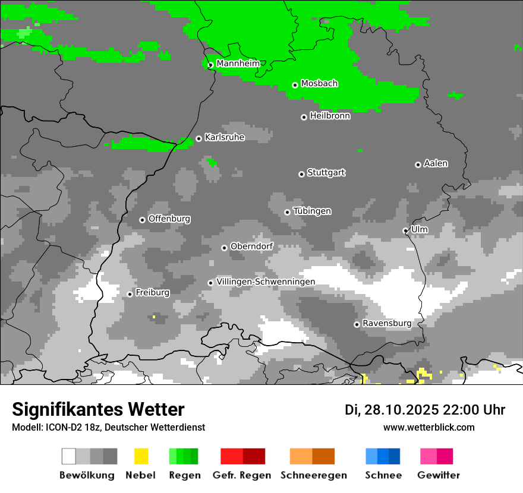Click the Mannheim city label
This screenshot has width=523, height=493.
click(238, 64)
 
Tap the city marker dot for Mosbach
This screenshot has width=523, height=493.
click(295, 85)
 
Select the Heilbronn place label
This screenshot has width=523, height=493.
click(330, 116)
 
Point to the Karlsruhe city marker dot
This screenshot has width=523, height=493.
click(199, 139)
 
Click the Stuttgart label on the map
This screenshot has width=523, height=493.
click(326, 173)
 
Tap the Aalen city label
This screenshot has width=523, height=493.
click(436, 163)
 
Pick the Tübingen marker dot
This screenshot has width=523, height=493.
click(287, 212)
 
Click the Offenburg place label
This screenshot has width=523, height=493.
click(169, 219)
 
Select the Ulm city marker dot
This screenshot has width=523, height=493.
click(405, 230)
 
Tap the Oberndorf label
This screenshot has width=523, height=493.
click(251, 246)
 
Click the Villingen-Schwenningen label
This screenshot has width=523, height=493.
click(266, 282)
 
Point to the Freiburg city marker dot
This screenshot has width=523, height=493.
click(130, 294)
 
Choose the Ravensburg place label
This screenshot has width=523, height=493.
click(387, 323)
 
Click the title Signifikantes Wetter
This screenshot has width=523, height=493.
click(98, 409)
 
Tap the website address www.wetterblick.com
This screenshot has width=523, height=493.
click(429, 427)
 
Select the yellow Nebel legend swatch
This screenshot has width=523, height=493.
click(141, 456)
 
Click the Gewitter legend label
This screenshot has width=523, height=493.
click(438, 475)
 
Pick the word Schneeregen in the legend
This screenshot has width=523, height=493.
click(313, 475)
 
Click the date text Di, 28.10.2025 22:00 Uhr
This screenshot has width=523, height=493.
click(425, 410)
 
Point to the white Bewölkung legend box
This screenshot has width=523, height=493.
click(69, 456)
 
